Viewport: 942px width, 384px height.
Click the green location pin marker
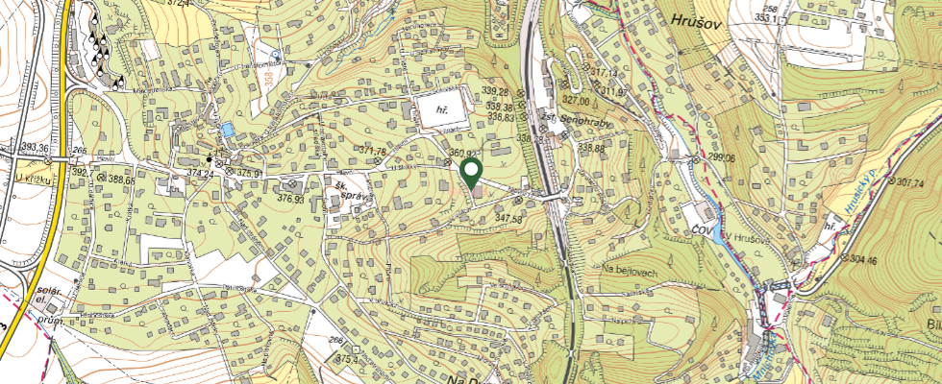tap(472, 173)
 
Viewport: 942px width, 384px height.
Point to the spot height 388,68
tap(122, 180)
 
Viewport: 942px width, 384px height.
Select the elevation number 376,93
tap(290, 199)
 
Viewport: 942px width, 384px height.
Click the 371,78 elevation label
tap(371, 152)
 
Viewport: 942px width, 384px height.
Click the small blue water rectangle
tap(226, 129)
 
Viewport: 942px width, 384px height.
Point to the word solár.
tap(48, 290)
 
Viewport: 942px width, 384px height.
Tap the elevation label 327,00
tap(575, 99)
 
